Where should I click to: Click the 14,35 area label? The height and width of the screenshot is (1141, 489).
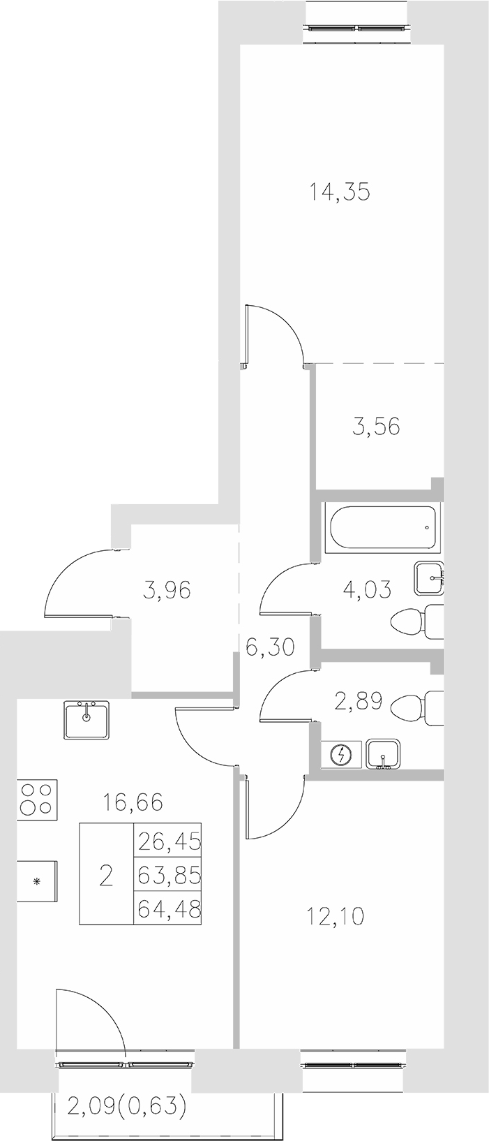click(x=340, y=191)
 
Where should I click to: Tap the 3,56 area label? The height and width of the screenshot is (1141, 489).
click(x=376, y=425)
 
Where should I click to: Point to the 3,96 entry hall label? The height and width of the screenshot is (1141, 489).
click(x=166, y=591)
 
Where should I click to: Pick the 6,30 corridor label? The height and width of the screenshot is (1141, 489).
click(x=270, y=647)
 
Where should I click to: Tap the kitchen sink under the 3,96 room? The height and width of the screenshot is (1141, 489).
click(x=87, y=720)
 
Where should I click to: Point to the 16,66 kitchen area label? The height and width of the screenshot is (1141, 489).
click(x=133, y=802)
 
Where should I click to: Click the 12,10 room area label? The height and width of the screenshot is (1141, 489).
click(x=336, y=915)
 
